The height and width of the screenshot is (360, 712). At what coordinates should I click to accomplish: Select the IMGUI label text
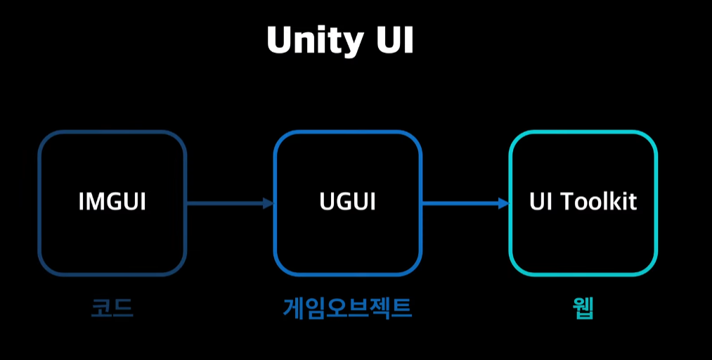pos(112,202)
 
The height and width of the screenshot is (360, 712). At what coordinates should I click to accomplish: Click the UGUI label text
pos(347,202)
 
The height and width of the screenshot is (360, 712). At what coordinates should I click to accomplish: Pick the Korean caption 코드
pos(112,308)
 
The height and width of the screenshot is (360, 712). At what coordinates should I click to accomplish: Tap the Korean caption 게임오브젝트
pos(347,308)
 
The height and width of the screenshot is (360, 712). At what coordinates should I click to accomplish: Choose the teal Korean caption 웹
pos(583,308)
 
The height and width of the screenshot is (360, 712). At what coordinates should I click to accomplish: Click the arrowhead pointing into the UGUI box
pos(268,203)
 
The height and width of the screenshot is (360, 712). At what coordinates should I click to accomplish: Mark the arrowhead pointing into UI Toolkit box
pos(503,203)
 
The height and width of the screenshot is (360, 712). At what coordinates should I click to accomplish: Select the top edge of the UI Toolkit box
pos(583,132)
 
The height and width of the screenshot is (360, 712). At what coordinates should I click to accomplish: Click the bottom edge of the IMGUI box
pos(112,274)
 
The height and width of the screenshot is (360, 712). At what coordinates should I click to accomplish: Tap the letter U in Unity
pos(278,41)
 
